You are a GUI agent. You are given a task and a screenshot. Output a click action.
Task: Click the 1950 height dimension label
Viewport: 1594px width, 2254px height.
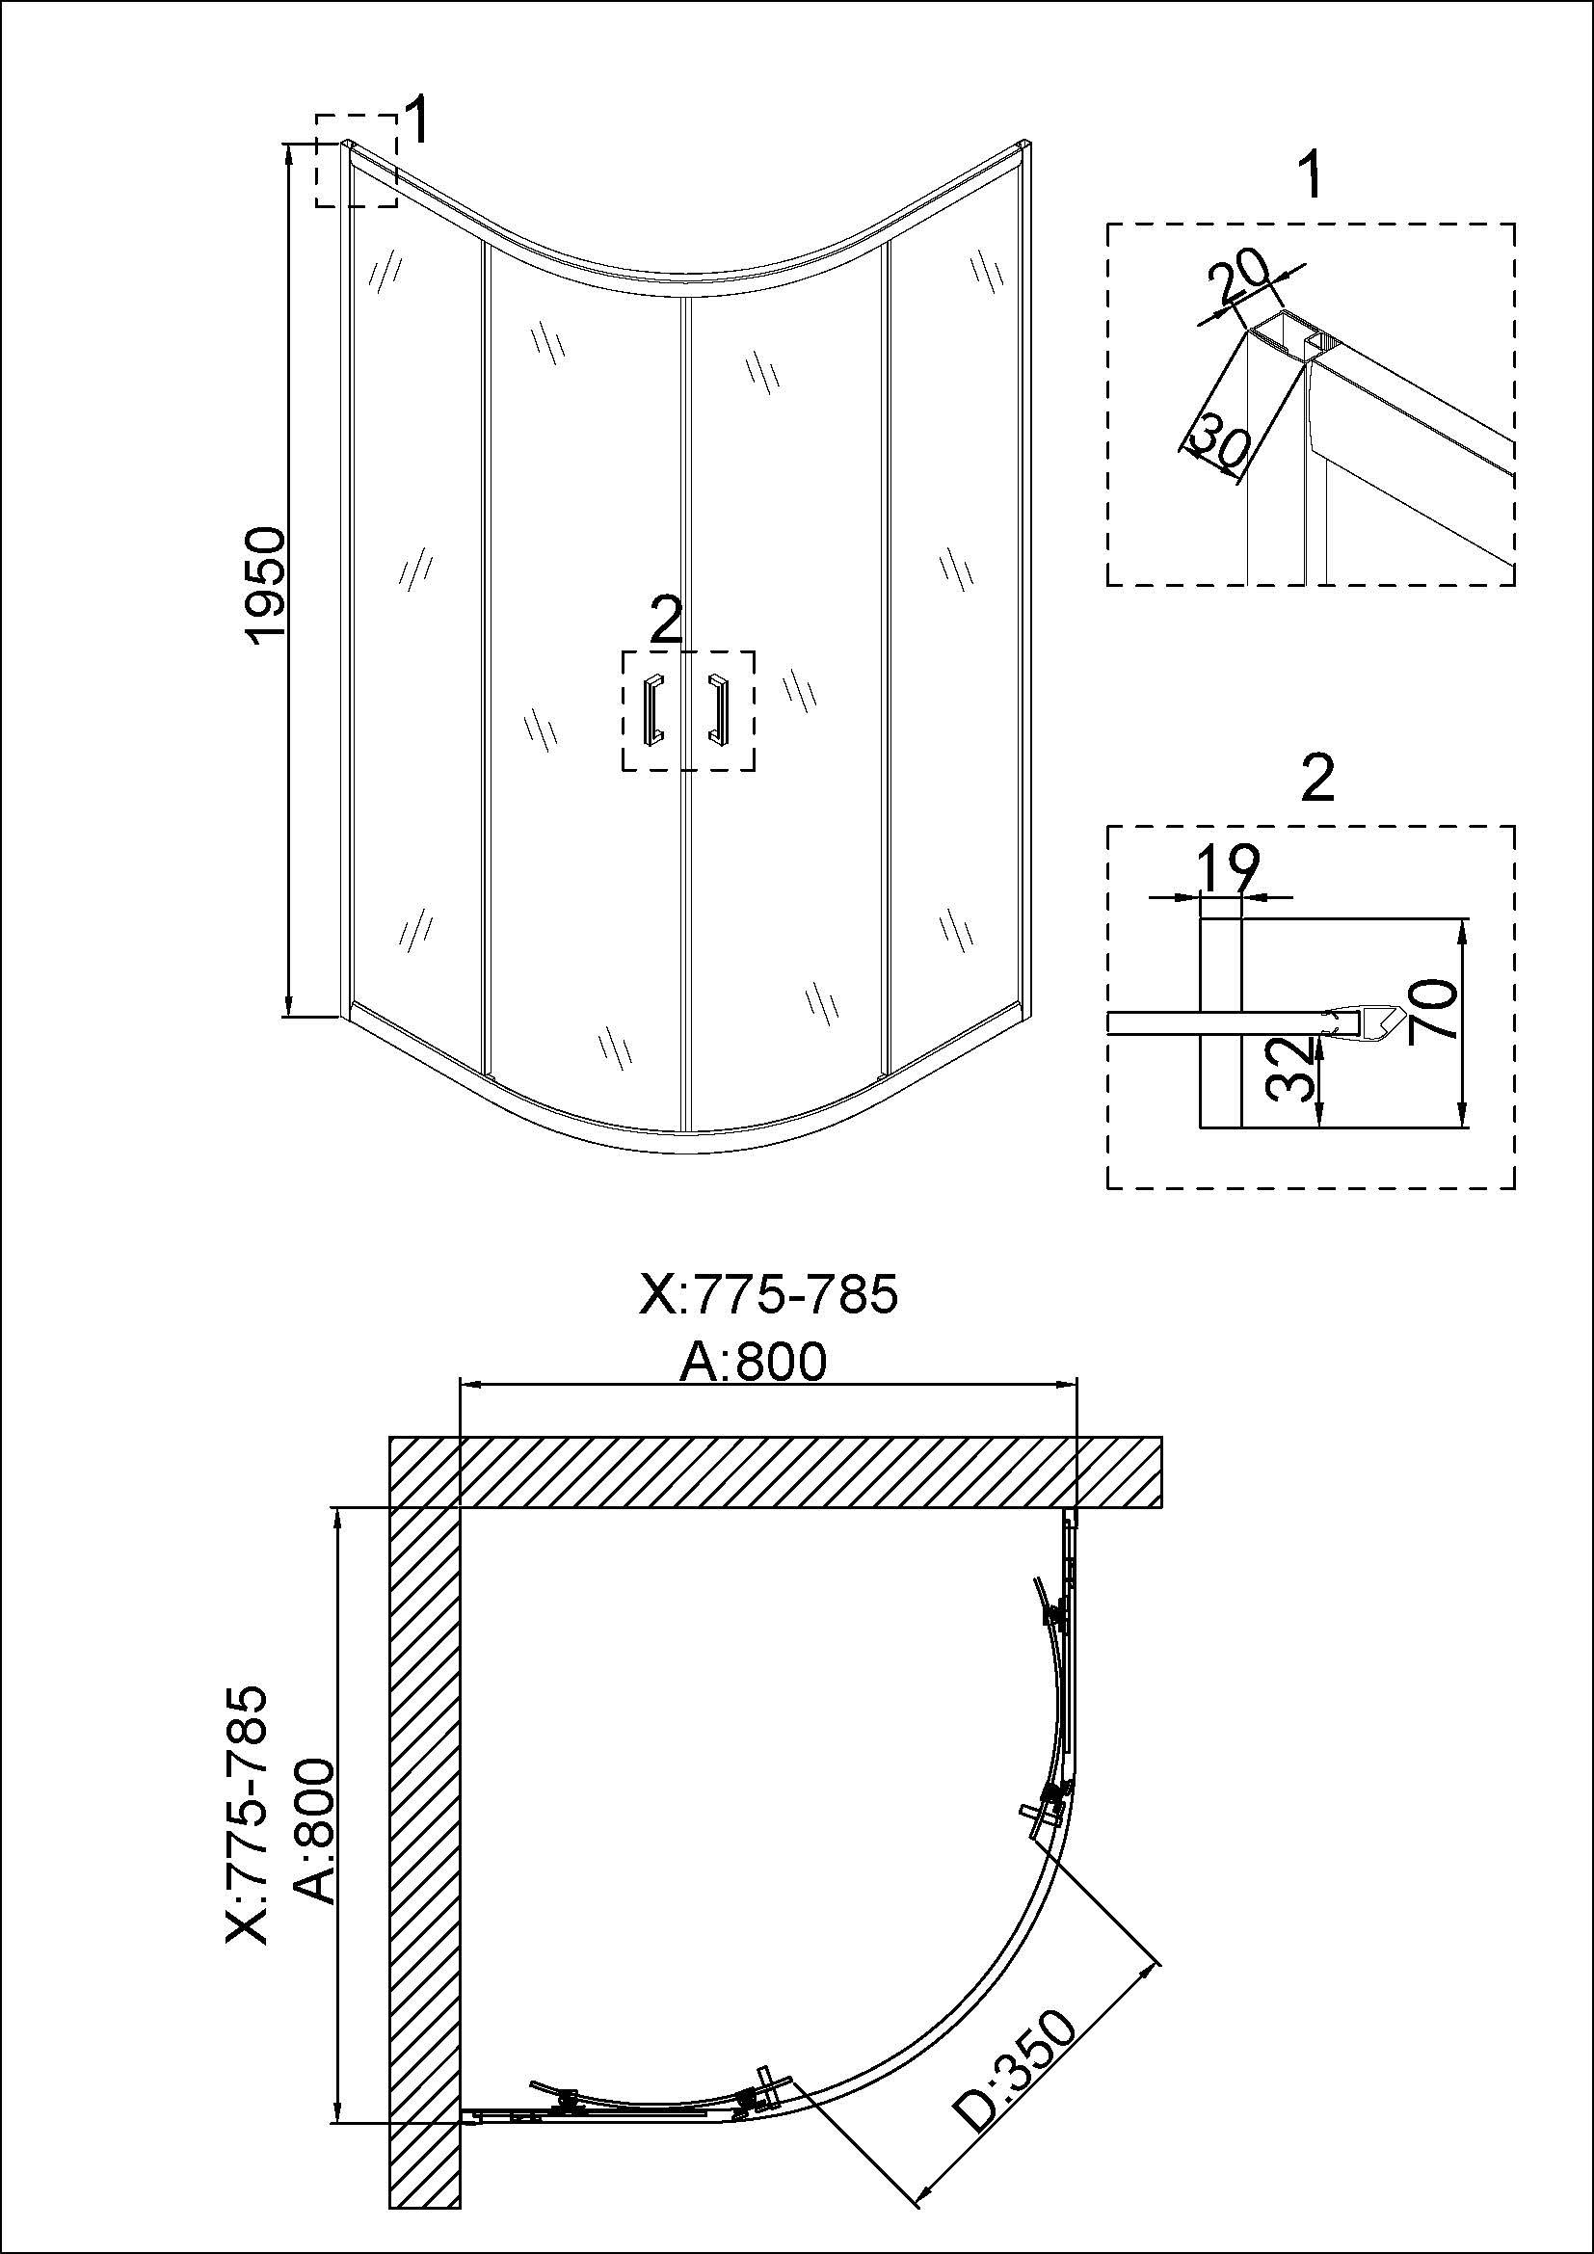pos(267,584)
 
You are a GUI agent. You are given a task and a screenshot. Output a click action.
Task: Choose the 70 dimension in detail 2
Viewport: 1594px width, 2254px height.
pos(1431,1012)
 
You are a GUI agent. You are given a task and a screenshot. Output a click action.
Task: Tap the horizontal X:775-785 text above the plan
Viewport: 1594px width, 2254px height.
pos(767,1293)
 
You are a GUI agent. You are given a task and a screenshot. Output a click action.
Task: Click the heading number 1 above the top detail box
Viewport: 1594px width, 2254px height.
pos(1310,176)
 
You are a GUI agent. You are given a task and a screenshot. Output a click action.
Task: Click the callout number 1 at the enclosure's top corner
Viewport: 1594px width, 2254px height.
pos(416,121)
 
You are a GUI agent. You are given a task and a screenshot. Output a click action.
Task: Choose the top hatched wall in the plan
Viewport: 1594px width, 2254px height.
pos(776,1472)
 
